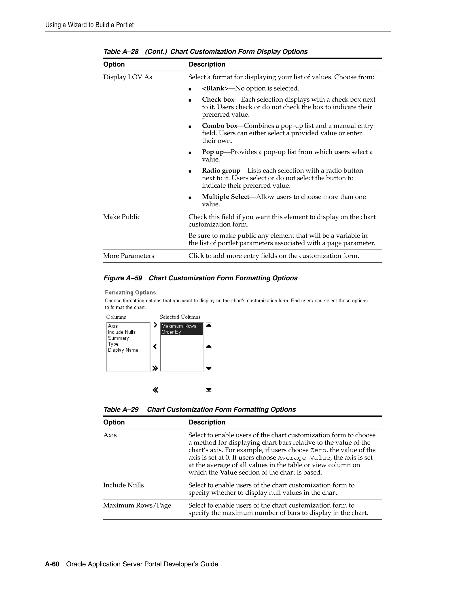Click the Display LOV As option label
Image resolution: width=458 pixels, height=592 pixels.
[127, 77]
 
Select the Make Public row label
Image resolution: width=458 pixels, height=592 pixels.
[122, 217]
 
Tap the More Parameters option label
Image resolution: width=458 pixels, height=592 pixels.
[128, 256]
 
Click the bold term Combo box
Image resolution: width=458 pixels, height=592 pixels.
[220, 126]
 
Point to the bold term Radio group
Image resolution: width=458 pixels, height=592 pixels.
[221, 171]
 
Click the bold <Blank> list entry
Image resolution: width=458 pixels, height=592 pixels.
[215, 89]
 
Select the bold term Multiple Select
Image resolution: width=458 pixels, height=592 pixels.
[225, 197]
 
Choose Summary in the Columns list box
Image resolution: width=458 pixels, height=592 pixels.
[118, 338]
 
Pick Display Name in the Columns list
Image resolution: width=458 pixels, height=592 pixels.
[123, 350]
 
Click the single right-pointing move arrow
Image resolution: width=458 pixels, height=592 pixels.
[155, 325]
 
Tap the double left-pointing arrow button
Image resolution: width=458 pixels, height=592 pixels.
[155, 390]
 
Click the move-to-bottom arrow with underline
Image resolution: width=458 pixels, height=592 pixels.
[209, 390]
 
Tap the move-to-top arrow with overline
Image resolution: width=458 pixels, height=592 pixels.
[209, 325]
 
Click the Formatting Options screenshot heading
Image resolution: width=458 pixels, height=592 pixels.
[130, 293]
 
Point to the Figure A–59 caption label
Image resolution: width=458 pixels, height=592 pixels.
[123, 278]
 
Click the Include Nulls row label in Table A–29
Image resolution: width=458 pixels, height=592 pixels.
[123, 485]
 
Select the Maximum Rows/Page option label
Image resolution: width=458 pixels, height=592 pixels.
[137, 506]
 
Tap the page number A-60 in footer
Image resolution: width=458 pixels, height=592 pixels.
[52, 564]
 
